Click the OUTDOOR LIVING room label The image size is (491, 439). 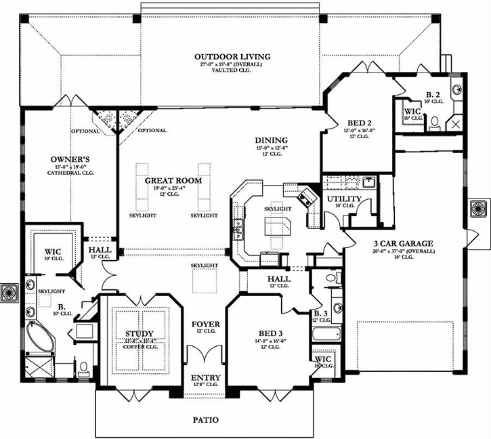click(x=232, y=57)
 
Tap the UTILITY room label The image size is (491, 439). click(x=343, y=199)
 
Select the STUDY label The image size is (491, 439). click(x=139, y=333)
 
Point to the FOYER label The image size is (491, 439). click(x=205, y=324)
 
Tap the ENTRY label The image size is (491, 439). click(x=205, y=377)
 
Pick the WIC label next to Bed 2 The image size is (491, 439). click(x=411, y=110)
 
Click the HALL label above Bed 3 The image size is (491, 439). click(x=278, y=279)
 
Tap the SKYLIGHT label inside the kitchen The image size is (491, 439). click(x=278, y=209)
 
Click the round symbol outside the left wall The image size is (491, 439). click(x=9, y=292)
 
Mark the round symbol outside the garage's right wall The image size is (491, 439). click(x=480, y=207)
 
